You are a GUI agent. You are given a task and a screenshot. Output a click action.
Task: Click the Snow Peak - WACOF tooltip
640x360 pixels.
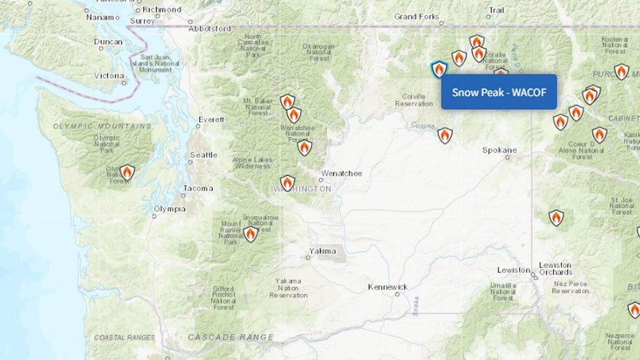pyautogui.click(x=499, y=91)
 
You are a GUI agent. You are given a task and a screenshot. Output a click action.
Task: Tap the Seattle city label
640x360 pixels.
pyautogui.click(x=203, y=155)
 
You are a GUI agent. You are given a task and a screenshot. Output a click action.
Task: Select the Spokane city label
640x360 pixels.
pyautogui.click(x=499, y=150)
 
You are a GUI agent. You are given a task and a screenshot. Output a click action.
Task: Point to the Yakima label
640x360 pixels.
pyautogui.click(x=323, y=251)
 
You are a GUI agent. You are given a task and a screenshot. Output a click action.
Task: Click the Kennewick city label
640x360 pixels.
pyautogui.click(x=387, y=286)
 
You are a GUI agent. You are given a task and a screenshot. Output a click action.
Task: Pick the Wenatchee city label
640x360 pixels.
pyautogui.click(x=341, y=173)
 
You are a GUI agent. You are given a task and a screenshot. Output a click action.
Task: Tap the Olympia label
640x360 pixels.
pyautogui.click(x=169, y=208)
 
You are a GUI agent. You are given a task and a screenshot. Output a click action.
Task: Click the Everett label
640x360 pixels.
pyautogui.click(x=212, y=120)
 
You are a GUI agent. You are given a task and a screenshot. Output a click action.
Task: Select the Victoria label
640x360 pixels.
pyautogui.click(x=109, y=76)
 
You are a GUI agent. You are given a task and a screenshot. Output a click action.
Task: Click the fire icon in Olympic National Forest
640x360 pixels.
pyautogui.click(x=127, y=172)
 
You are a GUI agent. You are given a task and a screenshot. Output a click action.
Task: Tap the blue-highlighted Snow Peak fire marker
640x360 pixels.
pyautogui.click(x=438, y=69)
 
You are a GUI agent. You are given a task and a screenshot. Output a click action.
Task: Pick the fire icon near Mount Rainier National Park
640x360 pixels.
pyautogui.click(x=251, y=234)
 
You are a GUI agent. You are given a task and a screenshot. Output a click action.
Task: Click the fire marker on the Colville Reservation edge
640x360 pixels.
pyautogui.click(x=445, y=135)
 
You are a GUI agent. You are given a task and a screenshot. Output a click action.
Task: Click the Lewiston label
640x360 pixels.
pyautogui.click(x=514, y=270)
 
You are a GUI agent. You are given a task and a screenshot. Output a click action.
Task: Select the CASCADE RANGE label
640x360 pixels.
pyautogui.click(x=231, y=337)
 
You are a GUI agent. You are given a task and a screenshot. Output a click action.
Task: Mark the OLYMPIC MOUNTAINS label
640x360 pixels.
pyautogui.click(x=102, y=126)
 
